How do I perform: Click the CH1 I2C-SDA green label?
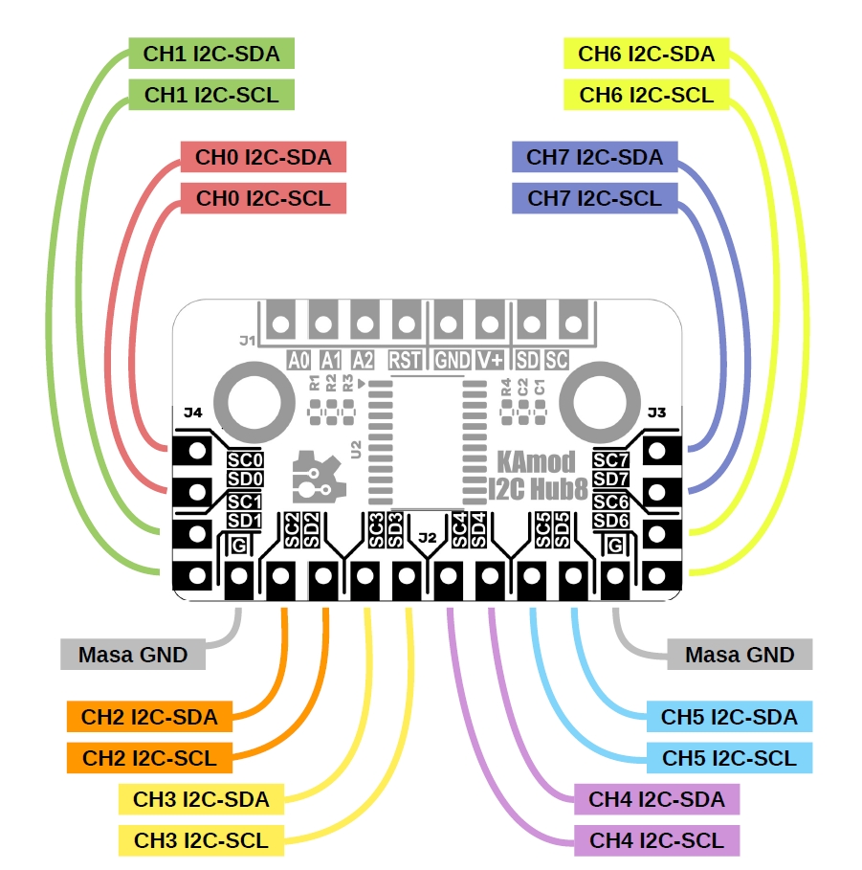(211, 54)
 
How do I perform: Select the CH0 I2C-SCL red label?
(263, 198)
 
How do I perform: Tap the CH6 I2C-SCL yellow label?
(647, 94)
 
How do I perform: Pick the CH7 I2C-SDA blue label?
(594, 157)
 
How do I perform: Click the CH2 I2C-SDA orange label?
(149, 716)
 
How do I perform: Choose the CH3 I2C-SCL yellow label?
(201, 840)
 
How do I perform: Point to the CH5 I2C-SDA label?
(729, 716)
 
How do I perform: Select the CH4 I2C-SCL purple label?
(656, 840)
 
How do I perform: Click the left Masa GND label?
(132, 655)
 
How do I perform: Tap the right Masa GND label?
(740, 655)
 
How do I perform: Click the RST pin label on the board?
(405, 360)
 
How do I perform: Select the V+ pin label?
(491, 360)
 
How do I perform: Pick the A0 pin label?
(299, 360)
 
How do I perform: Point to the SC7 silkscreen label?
(610, 459)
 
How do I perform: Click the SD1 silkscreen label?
(244, 520)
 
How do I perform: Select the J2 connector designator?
(427, 537)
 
